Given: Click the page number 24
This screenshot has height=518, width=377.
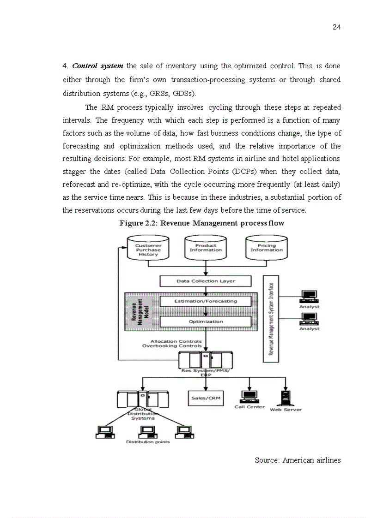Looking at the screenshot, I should pos(336,27).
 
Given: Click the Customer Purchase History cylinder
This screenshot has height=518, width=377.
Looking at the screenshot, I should pos(148,250).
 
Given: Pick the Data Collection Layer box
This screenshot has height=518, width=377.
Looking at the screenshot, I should pos(206,281).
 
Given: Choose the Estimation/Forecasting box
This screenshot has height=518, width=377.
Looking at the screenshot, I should pos(206,301).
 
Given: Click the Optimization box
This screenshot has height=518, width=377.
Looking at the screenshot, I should pos(206,322).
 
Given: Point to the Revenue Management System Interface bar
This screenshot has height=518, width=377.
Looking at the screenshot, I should pos(271,319).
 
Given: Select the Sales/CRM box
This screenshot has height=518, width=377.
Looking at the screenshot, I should pos(206,398).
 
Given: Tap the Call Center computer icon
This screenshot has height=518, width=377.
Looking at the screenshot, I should pos(249,396).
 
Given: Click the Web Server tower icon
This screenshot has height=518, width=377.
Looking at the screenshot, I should pos(286,398).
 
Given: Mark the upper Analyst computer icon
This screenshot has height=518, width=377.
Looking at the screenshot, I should pos(309,296).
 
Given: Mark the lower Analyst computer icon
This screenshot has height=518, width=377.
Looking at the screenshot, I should pos(309,318).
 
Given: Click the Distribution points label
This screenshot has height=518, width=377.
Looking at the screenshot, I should pos(148,442).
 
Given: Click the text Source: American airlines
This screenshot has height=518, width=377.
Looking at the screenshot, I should pos(298,460).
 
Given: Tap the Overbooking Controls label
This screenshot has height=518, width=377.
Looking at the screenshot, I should pos(172,345).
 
